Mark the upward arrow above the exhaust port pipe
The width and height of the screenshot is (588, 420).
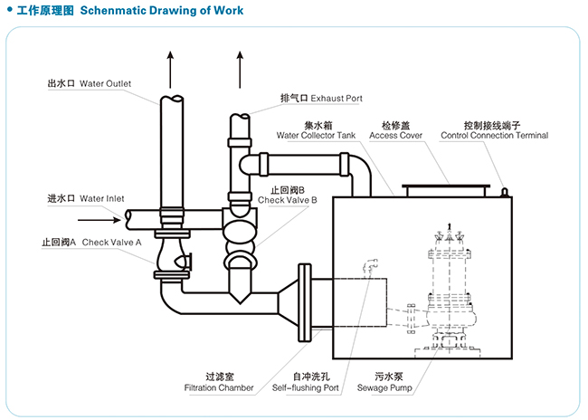click(x=240, y=68)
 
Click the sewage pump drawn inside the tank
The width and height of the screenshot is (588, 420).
click(x=449, y=290)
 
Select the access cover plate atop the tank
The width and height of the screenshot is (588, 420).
click(x=448, y=190)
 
